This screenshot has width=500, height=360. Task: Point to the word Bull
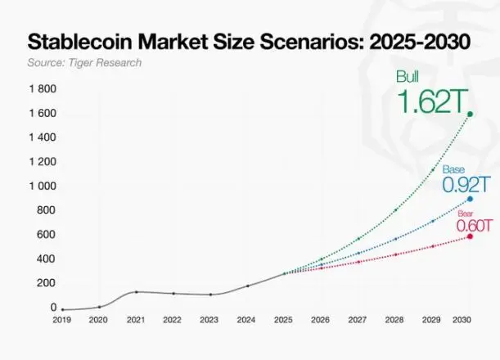tap(408, 77)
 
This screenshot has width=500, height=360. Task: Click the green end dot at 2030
tap(470, 114)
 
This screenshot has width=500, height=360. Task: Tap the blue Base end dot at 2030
tap(470, 199)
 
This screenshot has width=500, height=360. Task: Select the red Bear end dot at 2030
tap(470, 236)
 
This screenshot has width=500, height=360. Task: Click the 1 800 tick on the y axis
tap(43, 88)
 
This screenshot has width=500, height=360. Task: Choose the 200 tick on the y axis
tap(46, 283)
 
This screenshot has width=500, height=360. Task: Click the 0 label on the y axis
tap(53, 307)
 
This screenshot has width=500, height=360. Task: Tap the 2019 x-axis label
tap(62, 320)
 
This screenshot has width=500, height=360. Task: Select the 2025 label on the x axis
tap(284, 320)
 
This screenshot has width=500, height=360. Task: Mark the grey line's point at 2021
tap(136, 292)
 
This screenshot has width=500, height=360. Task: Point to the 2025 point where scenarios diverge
tap(284, 273)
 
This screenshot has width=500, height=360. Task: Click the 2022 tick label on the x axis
tap(173, 320)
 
